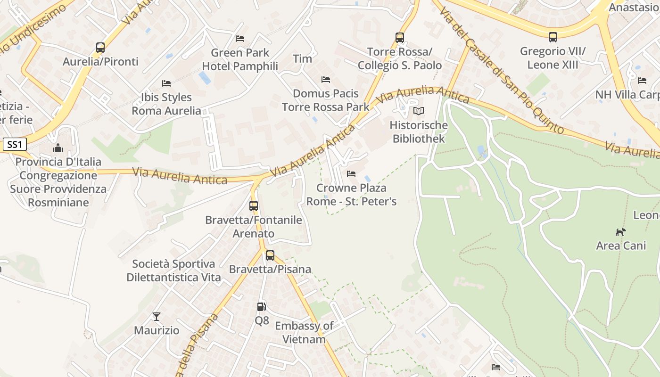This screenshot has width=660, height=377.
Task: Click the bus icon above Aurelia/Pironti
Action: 100,48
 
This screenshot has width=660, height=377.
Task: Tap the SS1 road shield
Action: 14,145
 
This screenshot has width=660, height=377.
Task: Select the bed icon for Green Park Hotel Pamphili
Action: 240,39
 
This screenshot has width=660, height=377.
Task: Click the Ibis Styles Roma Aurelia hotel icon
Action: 166,83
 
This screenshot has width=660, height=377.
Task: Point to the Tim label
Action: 302,59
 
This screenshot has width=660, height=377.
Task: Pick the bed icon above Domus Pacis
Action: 326,80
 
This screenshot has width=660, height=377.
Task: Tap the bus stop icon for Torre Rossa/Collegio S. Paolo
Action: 400,38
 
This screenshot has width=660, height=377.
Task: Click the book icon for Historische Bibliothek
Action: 419,111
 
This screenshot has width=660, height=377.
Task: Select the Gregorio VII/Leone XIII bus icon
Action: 553,37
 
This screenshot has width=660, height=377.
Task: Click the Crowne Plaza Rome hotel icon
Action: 351,174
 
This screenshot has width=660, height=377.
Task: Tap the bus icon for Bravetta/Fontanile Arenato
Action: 254,206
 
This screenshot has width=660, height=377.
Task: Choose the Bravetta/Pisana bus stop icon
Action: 270,255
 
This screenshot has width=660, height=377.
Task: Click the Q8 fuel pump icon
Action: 262,307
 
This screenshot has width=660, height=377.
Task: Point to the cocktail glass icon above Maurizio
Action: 157,317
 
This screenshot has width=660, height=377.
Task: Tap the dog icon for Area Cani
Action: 621,232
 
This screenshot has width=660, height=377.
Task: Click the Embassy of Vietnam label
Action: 304,332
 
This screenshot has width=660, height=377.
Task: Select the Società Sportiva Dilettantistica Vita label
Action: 173,270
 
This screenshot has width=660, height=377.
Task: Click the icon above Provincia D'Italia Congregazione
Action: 58,148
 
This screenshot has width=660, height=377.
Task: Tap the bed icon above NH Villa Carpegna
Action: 642,81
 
